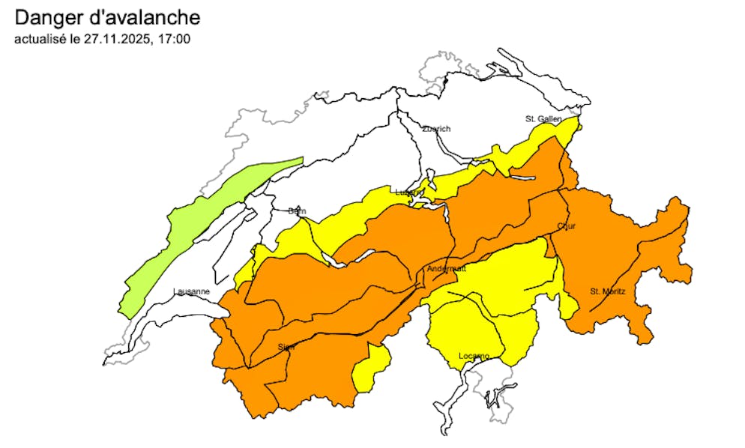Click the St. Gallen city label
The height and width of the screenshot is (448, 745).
tap(541, 118)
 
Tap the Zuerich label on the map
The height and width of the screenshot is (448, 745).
tap(436, 129)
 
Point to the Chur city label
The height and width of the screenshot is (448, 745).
tap(566, 226)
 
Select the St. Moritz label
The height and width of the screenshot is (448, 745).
tap(606, 291)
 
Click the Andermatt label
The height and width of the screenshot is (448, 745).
tap(446, 268)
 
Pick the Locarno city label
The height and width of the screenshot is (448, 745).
tap(474, 355)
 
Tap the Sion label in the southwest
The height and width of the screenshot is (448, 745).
tap(286, 347)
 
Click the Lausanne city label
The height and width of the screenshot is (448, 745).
tap(191, 291)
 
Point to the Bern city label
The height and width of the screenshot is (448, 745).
tap(297, 211)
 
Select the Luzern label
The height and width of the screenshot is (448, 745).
tap(409, 193)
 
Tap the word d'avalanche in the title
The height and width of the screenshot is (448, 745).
tap(148, 17)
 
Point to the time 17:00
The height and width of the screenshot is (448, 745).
tap(175, 37)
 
